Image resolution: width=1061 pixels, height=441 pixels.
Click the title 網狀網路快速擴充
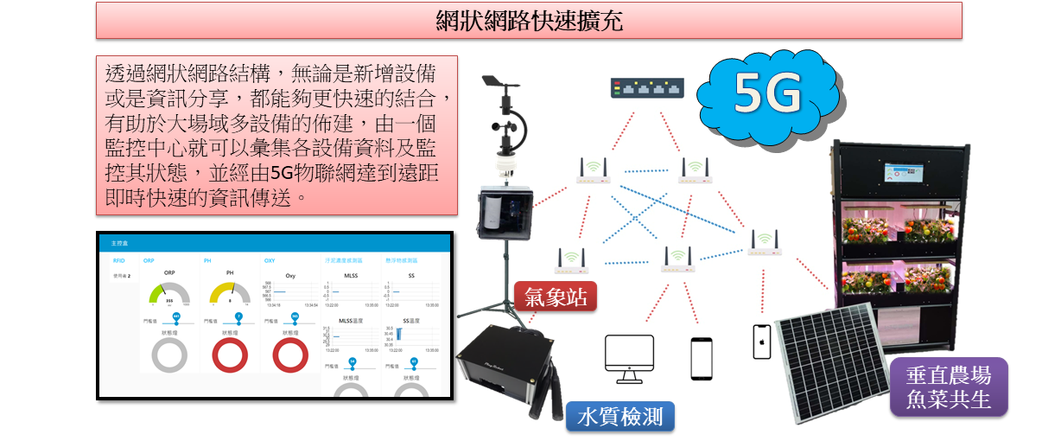click(529, 20)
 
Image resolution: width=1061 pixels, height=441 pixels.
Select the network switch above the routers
click(646, 88)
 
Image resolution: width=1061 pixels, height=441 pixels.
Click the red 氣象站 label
click(556, 297)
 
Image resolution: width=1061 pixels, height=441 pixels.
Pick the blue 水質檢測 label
click(619, 417)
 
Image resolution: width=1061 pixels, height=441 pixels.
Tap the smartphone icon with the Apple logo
click(761, 342)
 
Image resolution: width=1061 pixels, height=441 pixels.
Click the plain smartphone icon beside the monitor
click(701, 358)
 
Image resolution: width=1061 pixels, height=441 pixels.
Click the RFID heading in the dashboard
click(119, 259)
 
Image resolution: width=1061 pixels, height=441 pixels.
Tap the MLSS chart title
click(351, 276)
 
